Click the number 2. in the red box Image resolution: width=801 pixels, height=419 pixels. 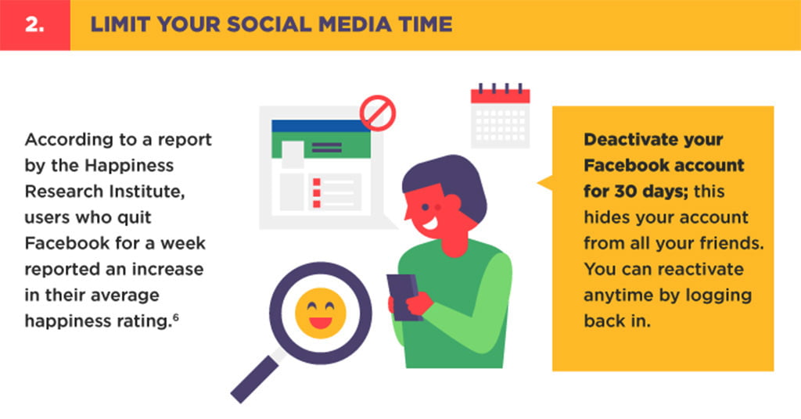pos(34,24)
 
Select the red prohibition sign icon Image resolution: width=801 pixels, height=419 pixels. pos(378,113)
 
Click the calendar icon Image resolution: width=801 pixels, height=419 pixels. pos(500,116)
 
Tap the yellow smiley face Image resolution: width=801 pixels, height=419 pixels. pos(320,313)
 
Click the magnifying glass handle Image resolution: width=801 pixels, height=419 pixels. pos(254,379)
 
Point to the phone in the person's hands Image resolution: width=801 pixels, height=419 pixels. pos(404,297)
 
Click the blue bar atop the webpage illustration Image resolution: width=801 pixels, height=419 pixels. pos(321,126)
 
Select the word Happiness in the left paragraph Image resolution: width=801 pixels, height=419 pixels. pos(129,166)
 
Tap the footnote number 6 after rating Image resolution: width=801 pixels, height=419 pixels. pos(176,317)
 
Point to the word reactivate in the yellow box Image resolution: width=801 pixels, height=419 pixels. pos(697,269)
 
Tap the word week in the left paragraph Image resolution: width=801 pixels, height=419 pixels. pos(183,243)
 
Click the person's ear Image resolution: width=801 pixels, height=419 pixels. pos(451,205)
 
